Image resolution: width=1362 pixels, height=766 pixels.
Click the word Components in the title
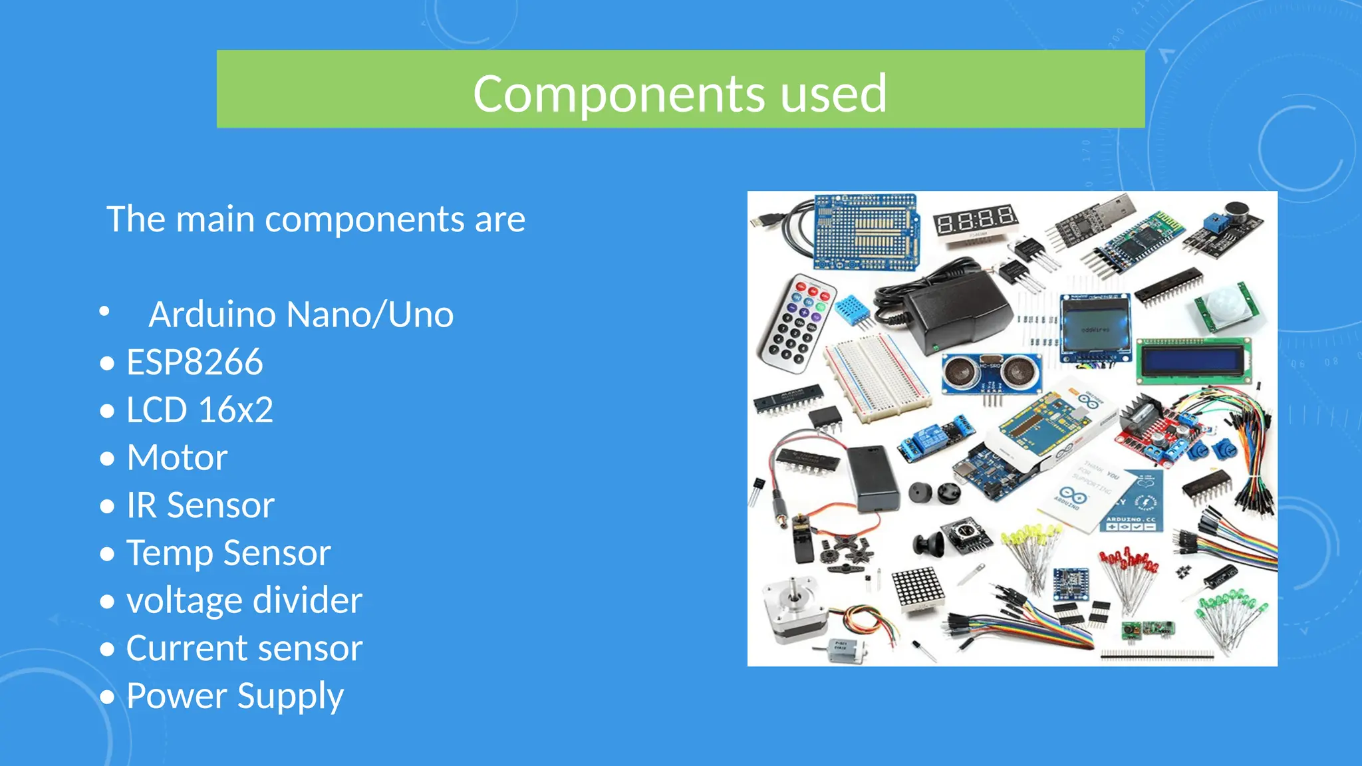[x=619, y=94]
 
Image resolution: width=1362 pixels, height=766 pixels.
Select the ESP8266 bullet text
[x=194, y=362]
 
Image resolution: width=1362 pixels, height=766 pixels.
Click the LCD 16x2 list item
[x=200, y=410]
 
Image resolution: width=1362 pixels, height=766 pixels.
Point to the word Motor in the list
[x=177, y=457]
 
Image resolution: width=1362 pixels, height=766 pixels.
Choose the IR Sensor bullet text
[x=200, y=505]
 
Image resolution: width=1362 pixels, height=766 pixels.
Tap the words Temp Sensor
[x=228, y=553]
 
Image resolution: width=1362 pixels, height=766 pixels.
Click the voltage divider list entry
[x=244, y=600]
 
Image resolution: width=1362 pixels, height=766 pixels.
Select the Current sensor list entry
[x=244, y=648]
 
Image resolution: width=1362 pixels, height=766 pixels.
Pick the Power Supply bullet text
[x=235, y=696]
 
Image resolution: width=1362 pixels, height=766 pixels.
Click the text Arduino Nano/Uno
[x=301, y=315]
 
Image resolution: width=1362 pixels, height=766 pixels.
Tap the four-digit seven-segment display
[x=975, y=220]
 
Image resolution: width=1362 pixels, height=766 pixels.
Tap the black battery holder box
[x=873, y=477]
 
